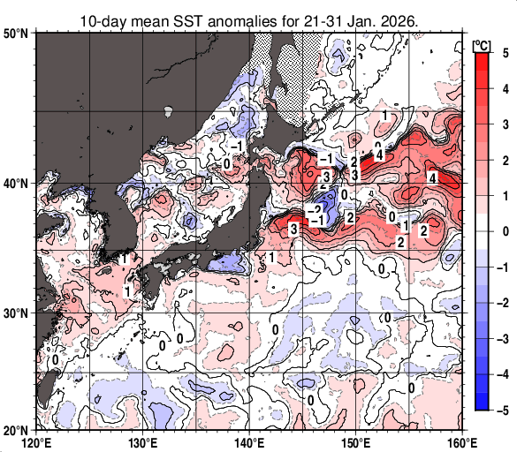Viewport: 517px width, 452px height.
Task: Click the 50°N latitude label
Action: tap(16, 34)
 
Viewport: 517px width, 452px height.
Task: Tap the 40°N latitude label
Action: tap(16, 184)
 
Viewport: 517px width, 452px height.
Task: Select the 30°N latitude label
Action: tap(16, 313)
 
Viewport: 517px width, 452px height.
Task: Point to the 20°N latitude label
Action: tap(16, 430)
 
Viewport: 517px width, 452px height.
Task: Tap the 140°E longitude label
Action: tap(249, 441)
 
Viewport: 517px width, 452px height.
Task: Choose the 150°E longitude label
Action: tap(355, 441)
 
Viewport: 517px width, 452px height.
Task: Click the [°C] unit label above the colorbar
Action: tap(482, 43)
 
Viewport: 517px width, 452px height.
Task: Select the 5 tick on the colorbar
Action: tap(503, 52)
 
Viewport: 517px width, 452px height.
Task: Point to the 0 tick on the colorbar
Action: tap(503, 230)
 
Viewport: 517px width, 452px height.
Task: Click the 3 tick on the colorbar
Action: tap(503, 124)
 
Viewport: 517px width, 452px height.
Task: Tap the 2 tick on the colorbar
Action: tap(503, 159)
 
